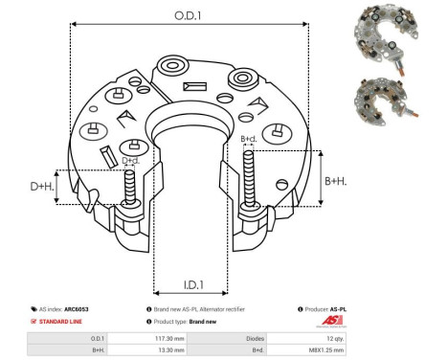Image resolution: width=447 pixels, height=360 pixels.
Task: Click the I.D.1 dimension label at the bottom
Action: click(191, 284)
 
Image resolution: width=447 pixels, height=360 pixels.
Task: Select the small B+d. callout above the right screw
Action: click(248, 139)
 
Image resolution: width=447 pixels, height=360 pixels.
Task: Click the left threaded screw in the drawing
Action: click(128, 189)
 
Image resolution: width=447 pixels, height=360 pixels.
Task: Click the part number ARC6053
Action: click(89, 310)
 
